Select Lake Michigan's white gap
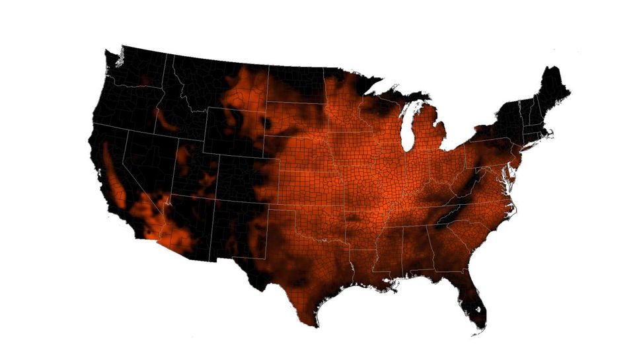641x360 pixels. pyautogui.click(x=408, y=126)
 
